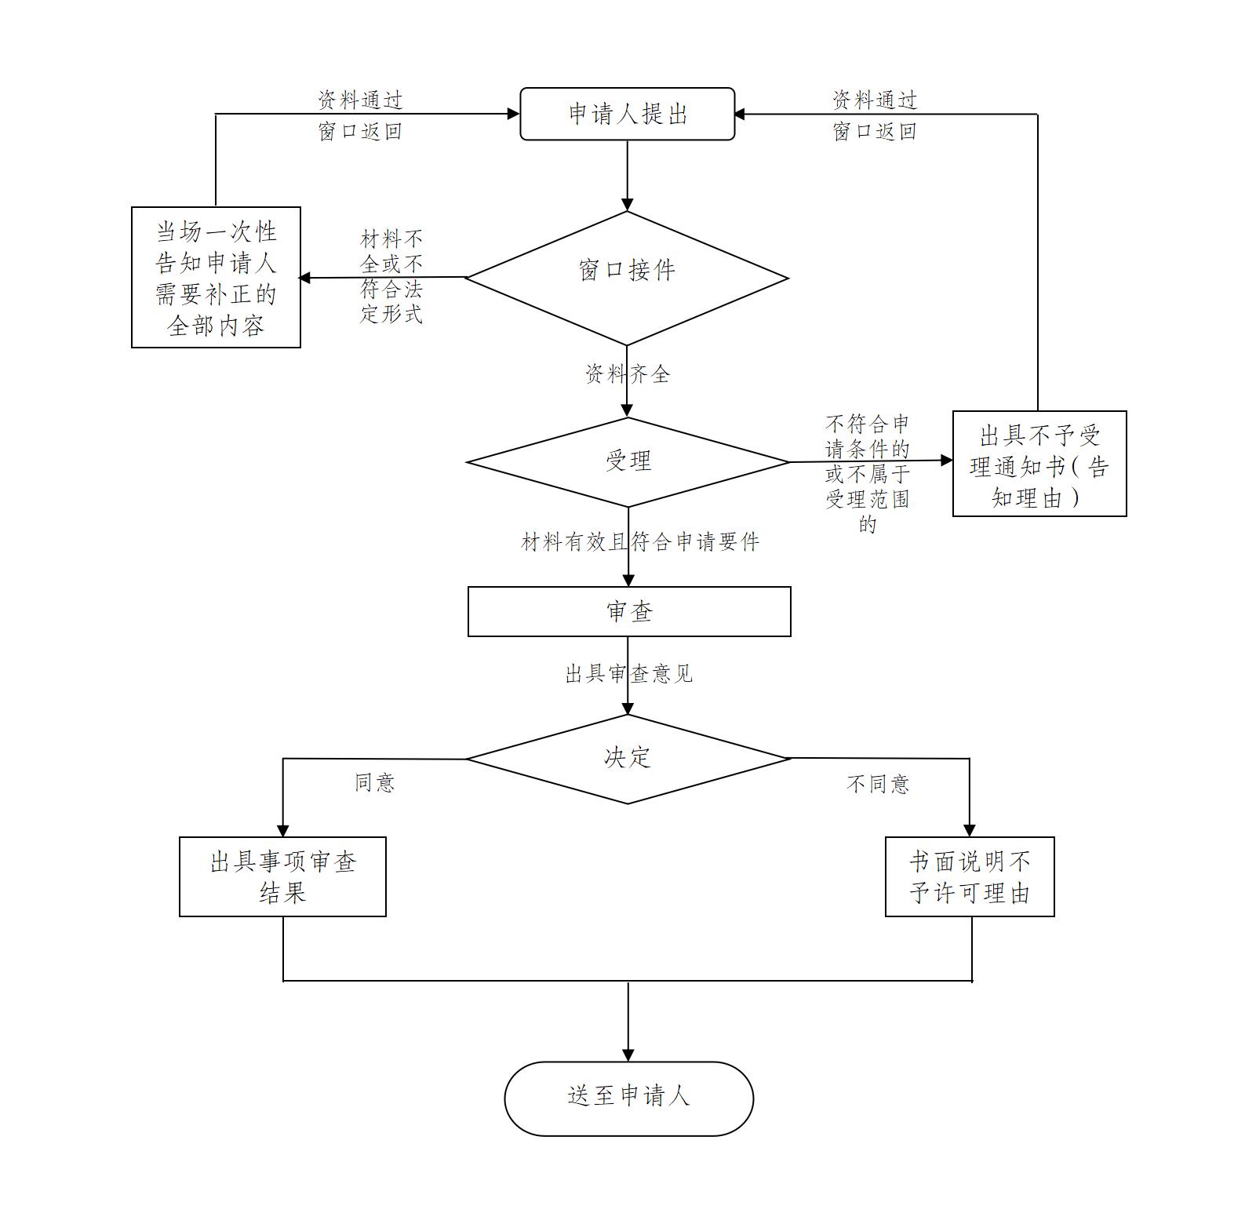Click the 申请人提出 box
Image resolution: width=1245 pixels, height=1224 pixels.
(x=627, y=114)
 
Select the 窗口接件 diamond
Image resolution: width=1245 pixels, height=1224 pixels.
(x=627, y=277)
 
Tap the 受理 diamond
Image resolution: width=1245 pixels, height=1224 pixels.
(x=628, y=461)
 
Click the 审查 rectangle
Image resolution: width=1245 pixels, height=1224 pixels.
(x=628, y=611)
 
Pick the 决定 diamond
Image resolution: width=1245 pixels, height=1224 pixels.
(x=628, y=758)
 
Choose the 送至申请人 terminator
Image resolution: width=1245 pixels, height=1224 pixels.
(x=628, y=1098)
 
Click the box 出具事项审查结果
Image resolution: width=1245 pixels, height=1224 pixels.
(x=282, y=876)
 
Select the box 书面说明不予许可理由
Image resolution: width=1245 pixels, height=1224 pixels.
(x=969, y=876)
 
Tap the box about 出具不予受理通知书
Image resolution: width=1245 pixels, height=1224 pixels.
(x=1039, y=464)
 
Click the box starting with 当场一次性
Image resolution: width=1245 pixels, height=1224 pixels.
(x=216, y=277)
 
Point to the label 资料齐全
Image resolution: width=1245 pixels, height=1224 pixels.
(x=628, y=373)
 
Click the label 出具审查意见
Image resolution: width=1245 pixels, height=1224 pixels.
(x=628, y=674)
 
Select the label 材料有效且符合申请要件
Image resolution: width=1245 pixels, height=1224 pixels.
(x=640, y=542)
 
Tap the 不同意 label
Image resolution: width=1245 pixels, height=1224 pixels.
(x=878, y=783)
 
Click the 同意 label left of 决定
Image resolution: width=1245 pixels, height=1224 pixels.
(x=375, y=782)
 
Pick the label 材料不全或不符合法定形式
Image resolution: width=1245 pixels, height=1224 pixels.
(x=391, y=276)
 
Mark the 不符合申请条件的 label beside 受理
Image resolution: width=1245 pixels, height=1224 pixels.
(x=867, y=473)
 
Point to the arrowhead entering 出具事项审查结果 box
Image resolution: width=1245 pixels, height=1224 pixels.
(x=283, y=831)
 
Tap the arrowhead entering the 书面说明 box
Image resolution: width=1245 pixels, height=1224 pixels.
(x=970, y=831)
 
